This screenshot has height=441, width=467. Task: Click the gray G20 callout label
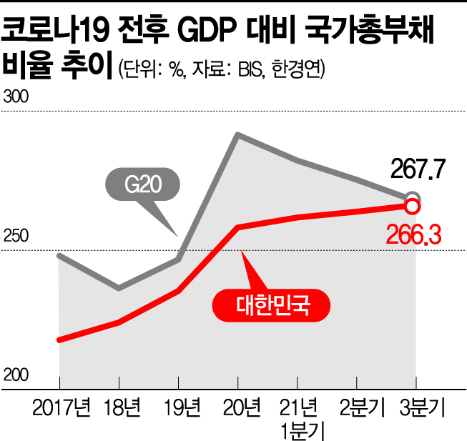(142, 187)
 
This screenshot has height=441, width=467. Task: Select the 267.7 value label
(418, 171)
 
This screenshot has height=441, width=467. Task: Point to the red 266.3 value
(414, 233)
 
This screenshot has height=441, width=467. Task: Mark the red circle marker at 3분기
(412, 207)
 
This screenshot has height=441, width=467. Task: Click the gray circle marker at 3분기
(413, 197)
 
